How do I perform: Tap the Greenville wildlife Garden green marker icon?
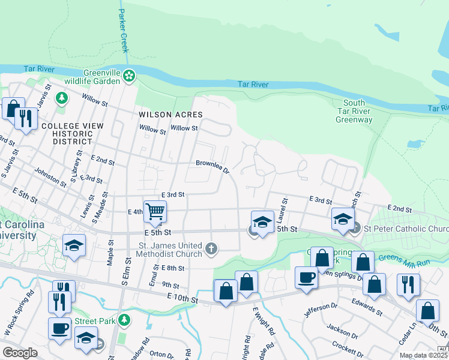tap(130, 76)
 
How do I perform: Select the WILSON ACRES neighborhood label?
tap(170, 114)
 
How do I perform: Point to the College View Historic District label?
tap(64, 133)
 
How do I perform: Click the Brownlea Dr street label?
tap(212, 166)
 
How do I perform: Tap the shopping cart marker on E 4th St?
tap(155, 211)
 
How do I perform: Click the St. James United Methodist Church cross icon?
tap(211, 248)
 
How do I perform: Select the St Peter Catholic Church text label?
tap(406, 229)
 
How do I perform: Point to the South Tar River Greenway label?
tap(354, 112)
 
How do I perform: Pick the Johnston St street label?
tap(50, 178)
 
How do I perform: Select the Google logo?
tap(20, 353)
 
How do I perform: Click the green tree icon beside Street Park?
tap(124, 320)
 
